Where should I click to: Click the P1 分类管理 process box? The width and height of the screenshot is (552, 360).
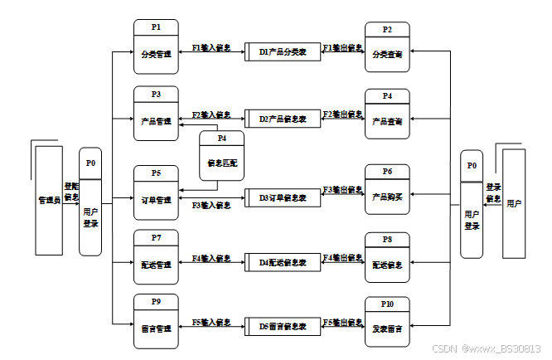(156, 46)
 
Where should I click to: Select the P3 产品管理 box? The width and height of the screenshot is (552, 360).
(156, 114)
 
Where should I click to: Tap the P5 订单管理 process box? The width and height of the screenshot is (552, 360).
(156, 192)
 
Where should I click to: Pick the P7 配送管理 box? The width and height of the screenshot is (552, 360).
(156, 257)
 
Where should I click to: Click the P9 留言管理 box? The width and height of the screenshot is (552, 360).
(156, 321)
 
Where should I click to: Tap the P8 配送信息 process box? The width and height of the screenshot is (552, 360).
(387, 258)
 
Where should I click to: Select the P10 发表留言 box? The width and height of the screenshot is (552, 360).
(387, 322)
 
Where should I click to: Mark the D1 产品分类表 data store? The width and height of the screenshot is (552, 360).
(283, 51)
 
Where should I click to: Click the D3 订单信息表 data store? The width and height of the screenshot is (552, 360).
(283, 198)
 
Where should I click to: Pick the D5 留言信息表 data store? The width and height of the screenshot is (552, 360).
(283, 328)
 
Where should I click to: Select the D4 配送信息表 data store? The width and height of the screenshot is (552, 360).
(283, 263)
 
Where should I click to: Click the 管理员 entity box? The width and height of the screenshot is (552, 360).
(48, 200)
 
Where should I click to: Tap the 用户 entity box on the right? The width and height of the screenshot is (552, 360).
(514, 203)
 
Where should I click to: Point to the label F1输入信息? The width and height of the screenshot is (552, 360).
(211, 48)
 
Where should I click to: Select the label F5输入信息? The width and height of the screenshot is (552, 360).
(211, 321)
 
